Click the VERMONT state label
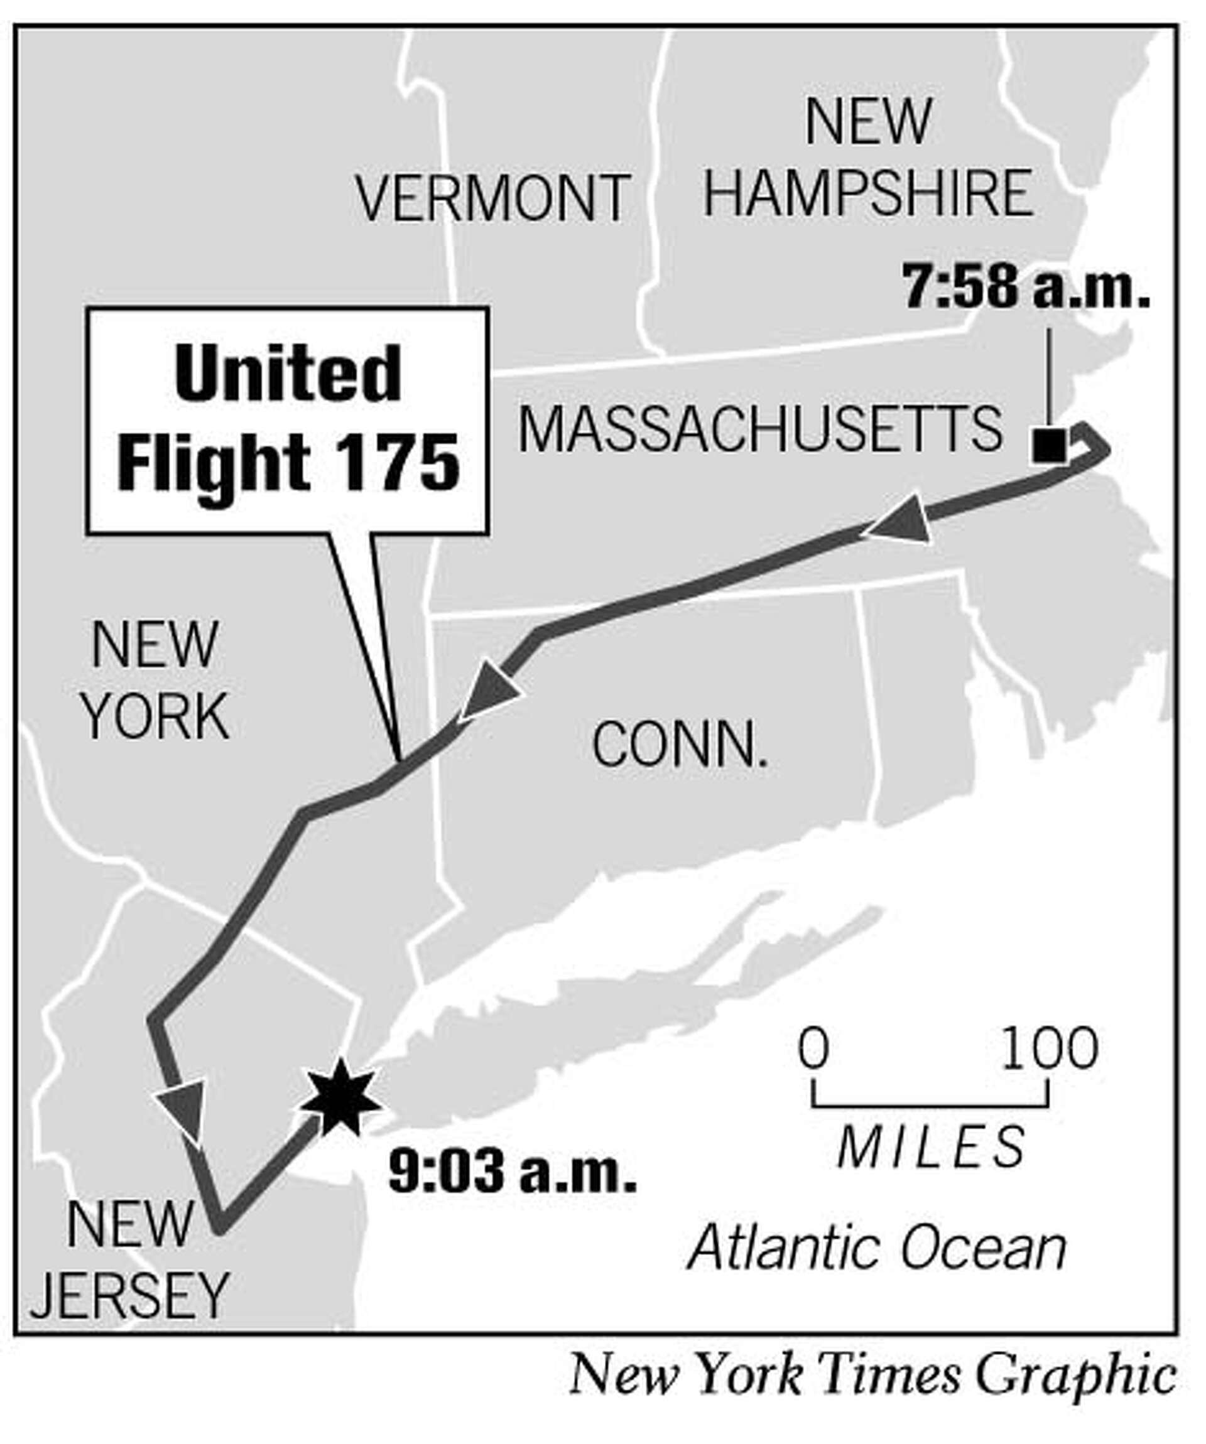click(x=492, y=197)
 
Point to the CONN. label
click(x=679, y=745)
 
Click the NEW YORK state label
click(x=155, y=681)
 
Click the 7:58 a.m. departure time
click(x=1026, y=288)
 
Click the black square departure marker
click(x=1048, y=446)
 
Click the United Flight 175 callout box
click(x=288, y=421)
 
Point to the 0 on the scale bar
click(x=813, y=1050)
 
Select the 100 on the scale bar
click(x=1048, y=1050)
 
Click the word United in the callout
click(x=288, y=375)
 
